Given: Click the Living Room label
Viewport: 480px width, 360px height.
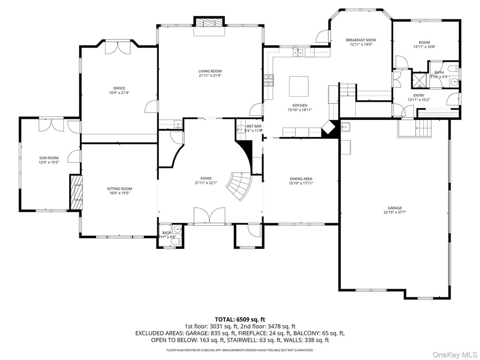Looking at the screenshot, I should (x=210, y=71).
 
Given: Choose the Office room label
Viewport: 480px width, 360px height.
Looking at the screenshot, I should (x=119, y=88).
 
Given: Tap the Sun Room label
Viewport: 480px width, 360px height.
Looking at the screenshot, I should (x=49, y=158).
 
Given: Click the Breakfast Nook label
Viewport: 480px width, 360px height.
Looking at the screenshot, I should (x=361, y=40).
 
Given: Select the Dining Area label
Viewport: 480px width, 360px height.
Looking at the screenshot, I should (x=301, y=179).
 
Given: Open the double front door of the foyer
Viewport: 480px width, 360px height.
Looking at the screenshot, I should (x=209, y=215).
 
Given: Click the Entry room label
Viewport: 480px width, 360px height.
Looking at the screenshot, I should (x=419, y=96).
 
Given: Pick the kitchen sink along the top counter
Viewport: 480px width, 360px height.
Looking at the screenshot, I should (x=297, y=52).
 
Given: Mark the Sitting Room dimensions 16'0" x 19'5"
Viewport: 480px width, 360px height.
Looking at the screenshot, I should (x=119, y=193).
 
